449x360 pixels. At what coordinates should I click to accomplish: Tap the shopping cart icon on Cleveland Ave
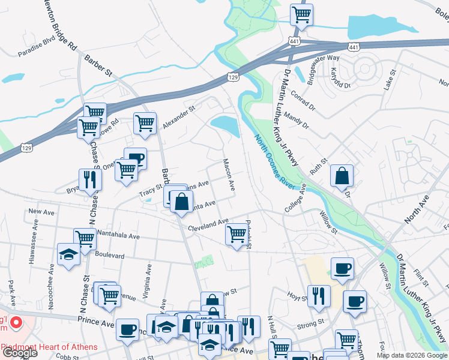pos(237,233)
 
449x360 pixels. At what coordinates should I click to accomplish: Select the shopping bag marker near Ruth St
pos(341,176)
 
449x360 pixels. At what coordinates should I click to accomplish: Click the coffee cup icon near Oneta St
pos(135,158)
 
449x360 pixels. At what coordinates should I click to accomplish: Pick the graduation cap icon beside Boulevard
pos(68,254)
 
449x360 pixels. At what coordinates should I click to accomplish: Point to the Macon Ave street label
pos(228,175)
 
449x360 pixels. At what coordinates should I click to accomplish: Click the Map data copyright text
pos(412,355)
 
